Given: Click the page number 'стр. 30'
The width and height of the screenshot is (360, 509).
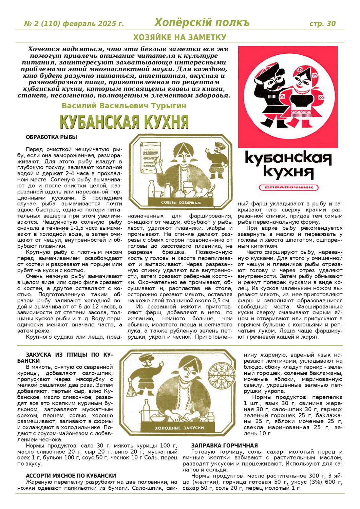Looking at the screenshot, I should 322,23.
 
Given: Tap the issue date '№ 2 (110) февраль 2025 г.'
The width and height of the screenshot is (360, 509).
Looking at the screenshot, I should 74,24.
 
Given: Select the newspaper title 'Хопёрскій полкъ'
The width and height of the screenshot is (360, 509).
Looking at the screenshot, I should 202,22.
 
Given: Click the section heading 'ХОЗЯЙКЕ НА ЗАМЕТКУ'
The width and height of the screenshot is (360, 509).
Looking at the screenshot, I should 179,37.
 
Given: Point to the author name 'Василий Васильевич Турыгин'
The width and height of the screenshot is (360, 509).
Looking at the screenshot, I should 124,106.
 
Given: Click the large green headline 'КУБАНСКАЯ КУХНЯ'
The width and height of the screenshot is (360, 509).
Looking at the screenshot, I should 124,122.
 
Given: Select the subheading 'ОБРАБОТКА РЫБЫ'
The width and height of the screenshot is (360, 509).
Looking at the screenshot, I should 51,137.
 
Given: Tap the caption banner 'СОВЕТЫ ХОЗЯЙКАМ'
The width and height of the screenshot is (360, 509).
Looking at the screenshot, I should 181,203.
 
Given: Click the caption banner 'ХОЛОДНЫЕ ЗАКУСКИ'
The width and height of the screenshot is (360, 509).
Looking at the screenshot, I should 179,428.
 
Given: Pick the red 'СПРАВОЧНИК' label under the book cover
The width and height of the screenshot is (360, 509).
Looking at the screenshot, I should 288,187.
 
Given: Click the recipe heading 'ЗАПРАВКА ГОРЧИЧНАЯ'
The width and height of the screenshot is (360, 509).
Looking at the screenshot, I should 224,446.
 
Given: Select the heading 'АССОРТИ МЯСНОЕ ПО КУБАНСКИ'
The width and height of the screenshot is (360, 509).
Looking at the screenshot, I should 71,476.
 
